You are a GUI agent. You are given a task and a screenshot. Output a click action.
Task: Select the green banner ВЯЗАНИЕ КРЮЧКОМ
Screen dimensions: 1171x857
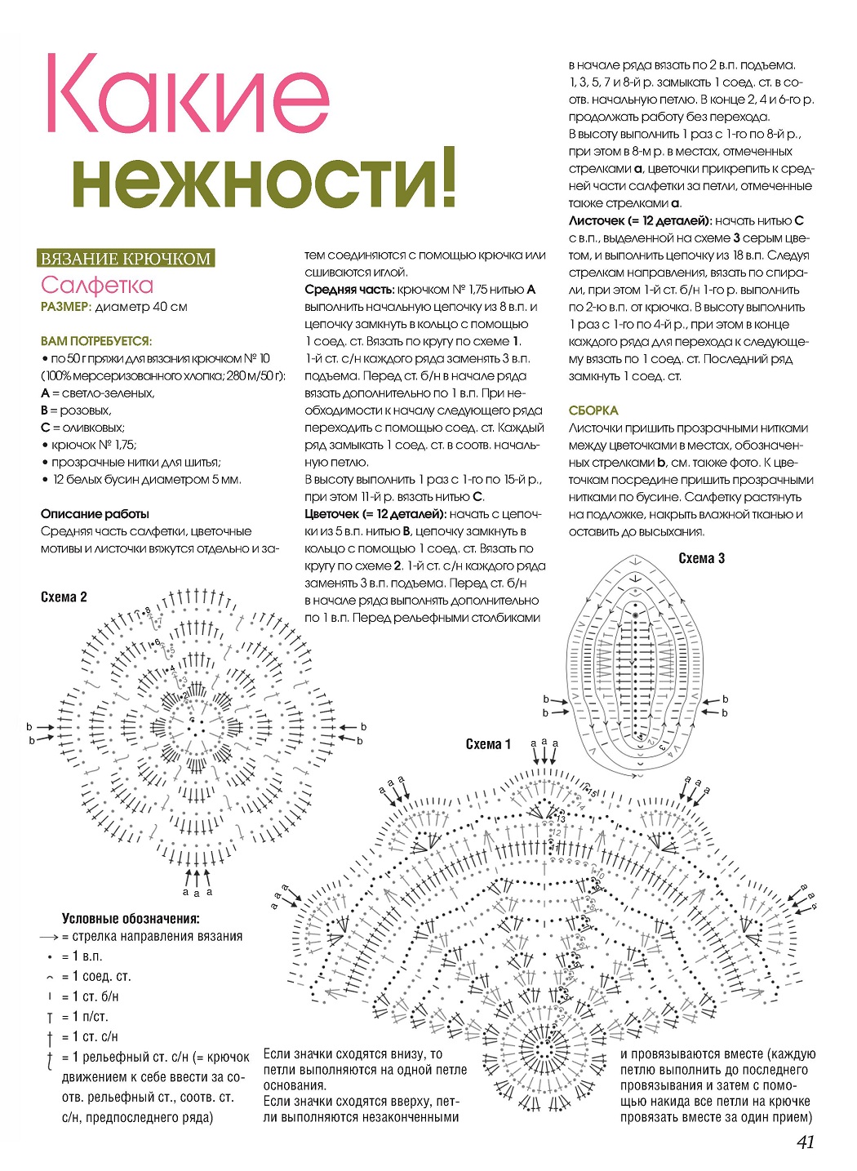(x=127, y=259)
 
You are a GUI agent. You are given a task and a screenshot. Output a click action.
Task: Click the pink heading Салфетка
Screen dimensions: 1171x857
(x=97, y=285)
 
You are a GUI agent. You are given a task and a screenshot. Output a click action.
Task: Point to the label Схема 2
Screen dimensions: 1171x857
(x=64, y=597)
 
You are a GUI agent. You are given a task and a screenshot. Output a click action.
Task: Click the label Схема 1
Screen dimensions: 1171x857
(x=488, y=743)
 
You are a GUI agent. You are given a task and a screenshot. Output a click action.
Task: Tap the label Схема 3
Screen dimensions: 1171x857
(x=701, y=559)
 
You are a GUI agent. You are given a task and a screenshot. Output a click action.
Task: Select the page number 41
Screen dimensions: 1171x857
(x=805, y=1142)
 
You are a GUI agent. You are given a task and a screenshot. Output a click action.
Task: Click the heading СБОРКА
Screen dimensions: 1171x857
(x=593, y=410)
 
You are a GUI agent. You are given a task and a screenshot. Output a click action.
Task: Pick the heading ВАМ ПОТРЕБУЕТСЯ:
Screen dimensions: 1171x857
(x=96, y=341)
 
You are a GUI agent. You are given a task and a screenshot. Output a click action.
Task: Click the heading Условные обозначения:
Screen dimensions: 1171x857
(x=131, y=918)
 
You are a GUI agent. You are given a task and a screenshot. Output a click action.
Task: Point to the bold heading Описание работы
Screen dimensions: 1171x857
(x=95, y=514)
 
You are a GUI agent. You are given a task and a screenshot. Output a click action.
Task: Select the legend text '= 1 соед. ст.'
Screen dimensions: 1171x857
(x=96, y=977)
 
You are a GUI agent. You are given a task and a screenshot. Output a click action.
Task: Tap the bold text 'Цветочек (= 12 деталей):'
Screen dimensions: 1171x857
(x=375, y=514)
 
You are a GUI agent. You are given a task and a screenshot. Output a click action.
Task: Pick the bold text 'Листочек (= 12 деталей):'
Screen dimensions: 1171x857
(x=640, y=220)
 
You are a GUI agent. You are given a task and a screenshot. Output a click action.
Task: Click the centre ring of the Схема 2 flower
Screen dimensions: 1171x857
(x=196, y=723)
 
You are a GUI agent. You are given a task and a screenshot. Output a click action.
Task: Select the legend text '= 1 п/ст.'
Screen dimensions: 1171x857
(x=85, y=1017)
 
